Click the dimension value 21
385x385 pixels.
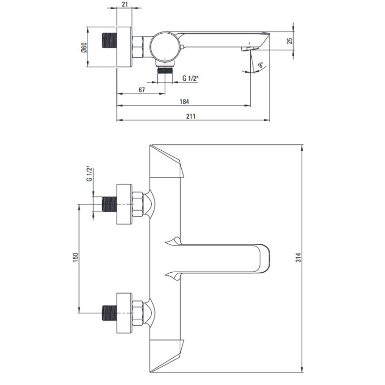pyautogui.click(x=125, y=5)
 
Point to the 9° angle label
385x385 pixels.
pyautogui.click(x=260, y=66)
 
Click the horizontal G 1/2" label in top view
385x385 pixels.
pyautogui.click(x=191, y=79)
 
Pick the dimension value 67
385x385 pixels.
pyautogui.click(x=142, y=89)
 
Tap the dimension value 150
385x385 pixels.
pyautogui.click(x=75, y=257)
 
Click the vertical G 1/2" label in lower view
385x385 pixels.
pyautogui.click(x=89, y=174)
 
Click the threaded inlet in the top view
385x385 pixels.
pyautogui.click(x=109, y=48)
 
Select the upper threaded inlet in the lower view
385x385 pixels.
pyautogui.click(x=109, y=205)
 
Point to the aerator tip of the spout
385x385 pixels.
pyautogui.click(x=247, y=49)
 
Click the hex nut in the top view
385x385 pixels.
pyautogui.click(x=137, y=48)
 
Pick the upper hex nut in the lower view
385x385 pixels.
pyautogui.click(x=137, y=205)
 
